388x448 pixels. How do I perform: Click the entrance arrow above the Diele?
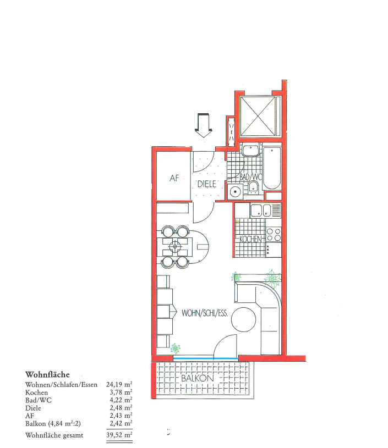(x=203, y=125)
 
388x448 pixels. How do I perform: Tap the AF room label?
(x=174, y=178)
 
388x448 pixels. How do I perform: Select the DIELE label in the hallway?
(x=206, y=184)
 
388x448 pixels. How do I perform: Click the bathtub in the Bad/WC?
(x=271, y=168)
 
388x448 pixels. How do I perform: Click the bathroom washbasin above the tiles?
(x=251, y=150)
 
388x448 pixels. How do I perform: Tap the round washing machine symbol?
(x=235, y=191)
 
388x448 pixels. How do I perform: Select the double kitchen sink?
(x=261, y=211)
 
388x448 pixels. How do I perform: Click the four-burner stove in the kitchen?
(x=274, y=234)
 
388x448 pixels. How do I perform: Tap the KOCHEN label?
(x=250, y=239)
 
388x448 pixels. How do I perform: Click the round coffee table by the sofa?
(x=243, y=319)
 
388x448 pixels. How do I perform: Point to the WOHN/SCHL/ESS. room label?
(x=205, y=313)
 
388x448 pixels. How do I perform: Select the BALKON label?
(x=198, y=379)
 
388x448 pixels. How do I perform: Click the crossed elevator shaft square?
(x=258, y=116)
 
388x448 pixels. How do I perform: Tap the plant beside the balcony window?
(x=176, y=349)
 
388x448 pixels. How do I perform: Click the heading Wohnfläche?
(x=47, y=374)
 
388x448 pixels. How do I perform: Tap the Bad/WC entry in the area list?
(x=39, y=400)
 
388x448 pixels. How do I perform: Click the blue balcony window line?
(x=206, y=358)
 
